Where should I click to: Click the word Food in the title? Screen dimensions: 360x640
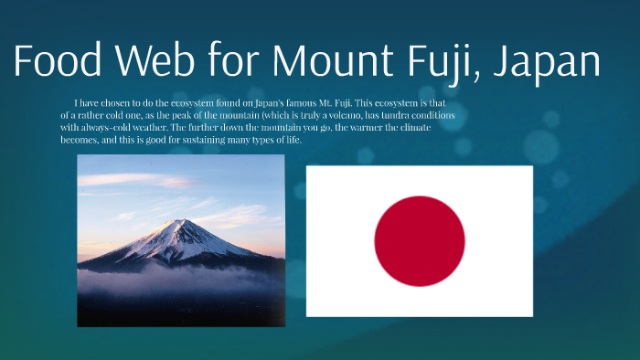[x=56, y=62]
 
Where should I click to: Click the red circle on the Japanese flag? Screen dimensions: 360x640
[x=420, y=241]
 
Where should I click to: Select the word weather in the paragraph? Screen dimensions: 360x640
[x=160, y=129]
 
